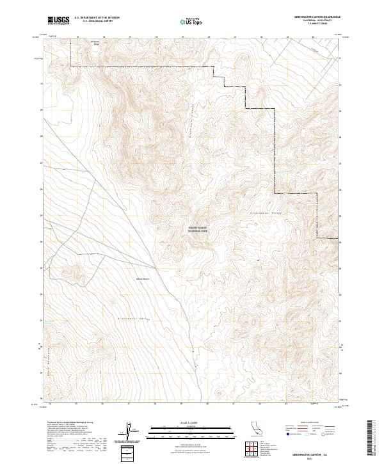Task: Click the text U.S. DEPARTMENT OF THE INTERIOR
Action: click(x=97, y=18)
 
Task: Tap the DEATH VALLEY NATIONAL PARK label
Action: click(x=198, y=229)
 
